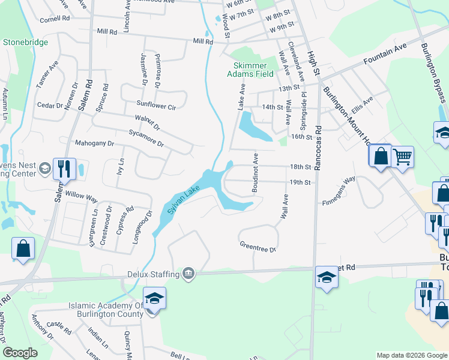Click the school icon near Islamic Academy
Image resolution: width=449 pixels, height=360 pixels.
click(x=154, y=298)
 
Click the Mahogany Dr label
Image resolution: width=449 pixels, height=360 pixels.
click(x=94, y=143)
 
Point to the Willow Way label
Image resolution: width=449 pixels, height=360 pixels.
click(x=82, y=196)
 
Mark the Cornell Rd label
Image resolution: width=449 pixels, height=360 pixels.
click(x=55, y=19)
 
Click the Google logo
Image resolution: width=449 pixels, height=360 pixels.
click(x=20, y=353)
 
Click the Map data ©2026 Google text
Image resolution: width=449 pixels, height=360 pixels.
click(x=411, y=355)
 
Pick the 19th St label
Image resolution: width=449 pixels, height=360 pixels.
click(x=300, y=182)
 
